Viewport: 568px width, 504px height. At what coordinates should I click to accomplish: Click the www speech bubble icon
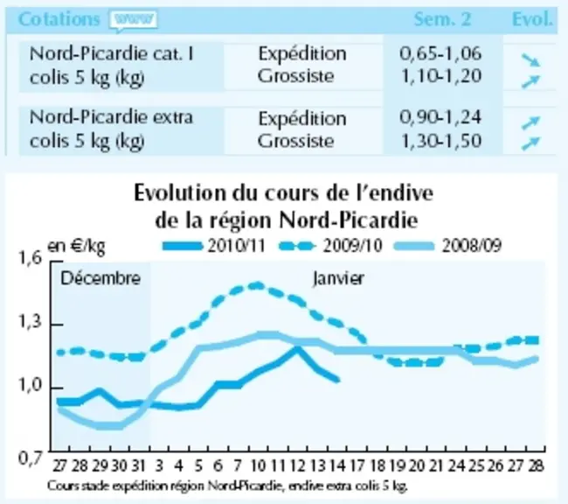[134, 20]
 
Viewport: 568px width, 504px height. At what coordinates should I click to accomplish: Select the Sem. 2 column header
[442, 19]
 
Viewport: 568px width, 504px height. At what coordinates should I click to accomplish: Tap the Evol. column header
[532, 19]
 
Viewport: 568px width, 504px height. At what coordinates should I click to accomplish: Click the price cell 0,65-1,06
[440, 53]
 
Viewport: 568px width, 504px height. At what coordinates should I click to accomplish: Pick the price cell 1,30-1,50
[441, 141]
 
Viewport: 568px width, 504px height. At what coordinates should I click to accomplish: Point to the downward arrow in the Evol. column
[530, 60]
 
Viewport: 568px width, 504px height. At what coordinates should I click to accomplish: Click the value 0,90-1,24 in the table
[440, 117]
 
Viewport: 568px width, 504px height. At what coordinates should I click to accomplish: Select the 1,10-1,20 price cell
[441, 76]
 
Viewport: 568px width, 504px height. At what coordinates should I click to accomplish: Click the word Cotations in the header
[59, 19]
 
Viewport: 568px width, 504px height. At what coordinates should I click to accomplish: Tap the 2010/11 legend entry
[214, 246]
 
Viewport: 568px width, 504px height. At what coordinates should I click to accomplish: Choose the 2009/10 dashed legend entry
[331, 246]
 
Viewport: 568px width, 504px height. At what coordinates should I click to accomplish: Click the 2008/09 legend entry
[447, 246]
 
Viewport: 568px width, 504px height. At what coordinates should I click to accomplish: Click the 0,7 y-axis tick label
[31, 458]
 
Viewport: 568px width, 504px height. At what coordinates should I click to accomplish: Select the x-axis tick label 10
[258, 465]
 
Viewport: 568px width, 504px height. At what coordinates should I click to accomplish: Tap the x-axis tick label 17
[357, 465]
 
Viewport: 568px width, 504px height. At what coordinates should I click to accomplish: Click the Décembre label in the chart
[100, 278]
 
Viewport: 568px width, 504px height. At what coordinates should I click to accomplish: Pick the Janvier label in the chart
[338, 278]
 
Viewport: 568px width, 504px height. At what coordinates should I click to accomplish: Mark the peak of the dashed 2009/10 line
[258, 285]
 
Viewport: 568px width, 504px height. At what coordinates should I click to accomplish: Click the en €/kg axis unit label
[76, 247]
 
